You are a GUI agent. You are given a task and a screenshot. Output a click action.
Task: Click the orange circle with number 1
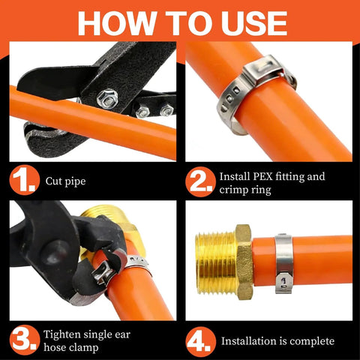(25, 180)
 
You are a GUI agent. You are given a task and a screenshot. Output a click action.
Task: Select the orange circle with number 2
(200, 181)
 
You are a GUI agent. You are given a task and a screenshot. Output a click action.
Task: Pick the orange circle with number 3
(25, 340)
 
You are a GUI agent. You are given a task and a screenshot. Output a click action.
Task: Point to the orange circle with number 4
(201, 341)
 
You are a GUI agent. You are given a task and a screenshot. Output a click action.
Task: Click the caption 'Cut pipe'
(65, 181)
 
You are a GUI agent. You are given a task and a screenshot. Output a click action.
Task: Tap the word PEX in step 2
(262, 176)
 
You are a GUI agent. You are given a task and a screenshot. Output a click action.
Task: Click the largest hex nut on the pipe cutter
(107, 97)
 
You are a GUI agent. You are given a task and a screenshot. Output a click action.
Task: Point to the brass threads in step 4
(215, 262)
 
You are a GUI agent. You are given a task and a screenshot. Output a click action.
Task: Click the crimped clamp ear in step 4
(283, 283)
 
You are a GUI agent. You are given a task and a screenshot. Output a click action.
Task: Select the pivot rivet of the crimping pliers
(54, 253)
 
